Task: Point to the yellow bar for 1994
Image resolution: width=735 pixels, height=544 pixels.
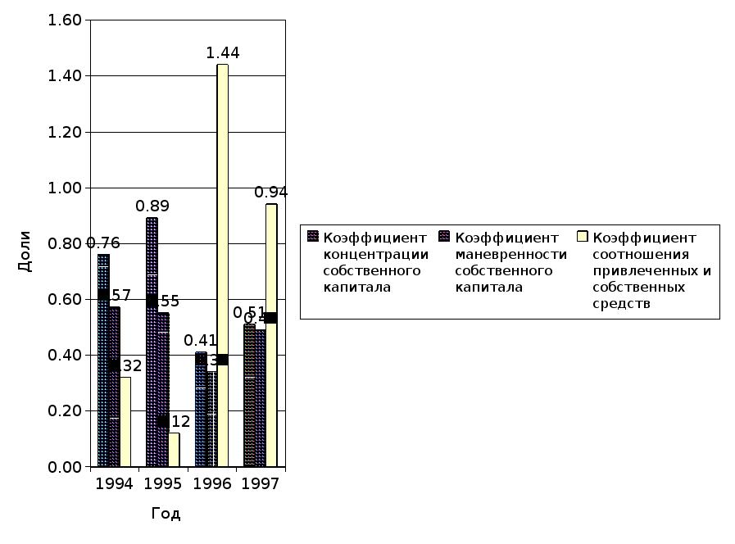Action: (125, 422)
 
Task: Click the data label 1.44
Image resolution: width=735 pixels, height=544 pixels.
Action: (222, 53)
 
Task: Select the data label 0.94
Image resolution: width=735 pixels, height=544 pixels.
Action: (271, 193)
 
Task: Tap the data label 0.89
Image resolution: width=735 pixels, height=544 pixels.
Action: (152, 206)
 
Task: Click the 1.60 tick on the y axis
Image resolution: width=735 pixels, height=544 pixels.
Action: (65, 20)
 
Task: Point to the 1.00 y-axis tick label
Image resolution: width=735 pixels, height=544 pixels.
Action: (65, 188)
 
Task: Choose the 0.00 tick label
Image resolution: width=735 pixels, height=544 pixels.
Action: (65, 467)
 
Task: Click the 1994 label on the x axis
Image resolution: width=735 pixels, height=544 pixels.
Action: (114, 484)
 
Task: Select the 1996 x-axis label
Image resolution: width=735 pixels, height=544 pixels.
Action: (211, 484)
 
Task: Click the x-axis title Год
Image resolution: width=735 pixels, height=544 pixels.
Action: (166, 515)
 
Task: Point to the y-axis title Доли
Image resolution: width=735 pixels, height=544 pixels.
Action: (25, 252)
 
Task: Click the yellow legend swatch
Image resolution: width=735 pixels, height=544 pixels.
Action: (583, 237)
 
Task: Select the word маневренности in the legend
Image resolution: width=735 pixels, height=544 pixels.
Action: (510, 254)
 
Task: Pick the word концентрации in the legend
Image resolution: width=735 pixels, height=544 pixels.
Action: (375, 254)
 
